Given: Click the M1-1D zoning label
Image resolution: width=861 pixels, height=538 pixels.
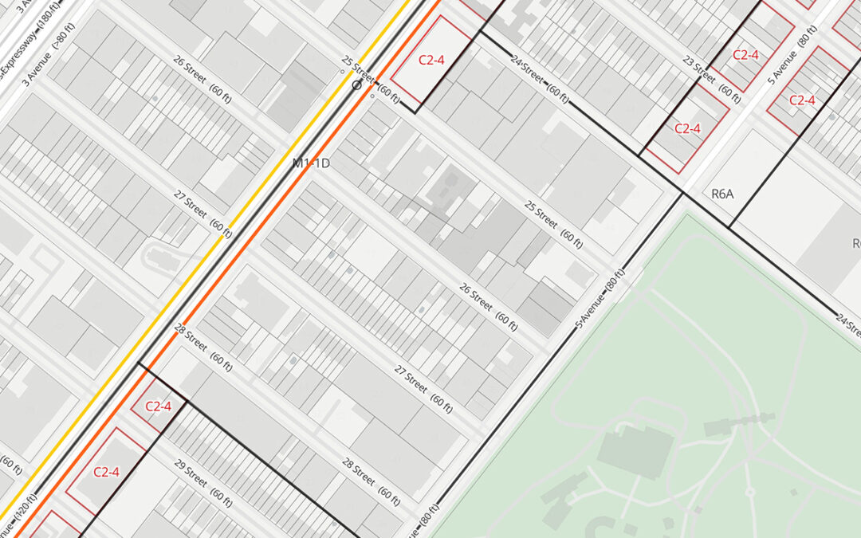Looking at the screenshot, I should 311,163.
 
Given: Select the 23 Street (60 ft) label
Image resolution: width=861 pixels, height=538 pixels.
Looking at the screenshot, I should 711,77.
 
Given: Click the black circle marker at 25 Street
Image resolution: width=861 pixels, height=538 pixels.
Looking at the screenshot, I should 357,84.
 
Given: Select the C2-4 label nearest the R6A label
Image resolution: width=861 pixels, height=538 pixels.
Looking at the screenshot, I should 687,128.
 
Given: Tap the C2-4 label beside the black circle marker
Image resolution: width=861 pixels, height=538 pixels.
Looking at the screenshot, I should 436,59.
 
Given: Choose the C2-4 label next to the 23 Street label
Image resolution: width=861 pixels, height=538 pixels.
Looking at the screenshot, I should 745,55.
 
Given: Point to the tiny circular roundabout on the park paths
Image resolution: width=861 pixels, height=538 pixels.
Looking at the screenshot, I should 750,492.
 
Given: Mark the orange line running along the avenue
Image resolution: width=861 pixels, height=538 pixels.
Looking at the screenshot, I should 263,231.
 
